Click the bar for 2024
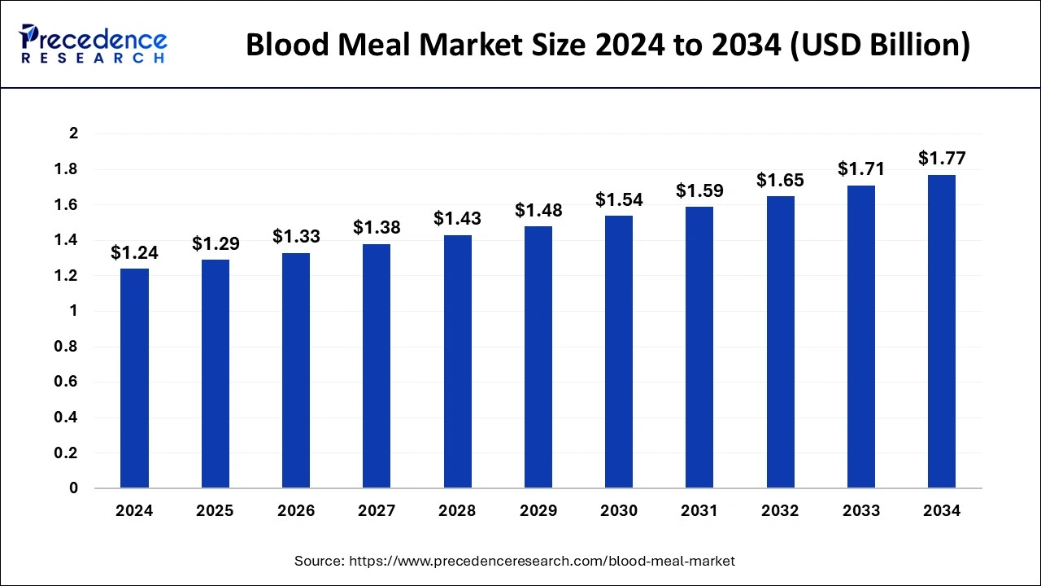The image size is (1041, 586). (x=134, y=378)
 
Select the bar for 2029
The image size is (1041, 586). (x=538, y=357)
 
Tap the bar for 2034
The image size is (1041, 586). (x=942, y=332)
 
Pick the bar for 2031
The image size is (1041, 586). (x=699, y=348)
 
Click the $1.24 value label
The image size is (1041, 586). (x=134, y=253)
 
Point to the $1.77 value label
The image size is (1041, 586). (x=942, y=158)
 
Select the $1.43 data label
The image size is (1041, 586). (x=457, y=219)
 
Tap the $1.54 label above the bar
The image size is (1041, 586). (x=619, y=199)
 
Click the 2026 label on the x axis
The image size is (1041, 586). (x=296, y=511)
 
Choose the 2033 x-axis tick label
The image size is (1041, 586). (x=861, y=511)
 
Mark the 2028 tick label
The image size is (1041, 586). (x=457, y=511)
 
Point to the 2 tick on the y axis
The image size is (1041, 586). (x=73, y=133)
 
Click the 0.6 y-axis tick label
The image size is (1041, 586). (x=68, y=383)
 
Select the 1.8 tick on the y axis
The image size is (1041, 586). (x=68, y=169)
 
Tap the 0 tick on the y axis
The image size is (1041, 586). (x=73, y=488)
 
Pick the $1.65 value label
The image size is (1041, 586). (x=780, y=180)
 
